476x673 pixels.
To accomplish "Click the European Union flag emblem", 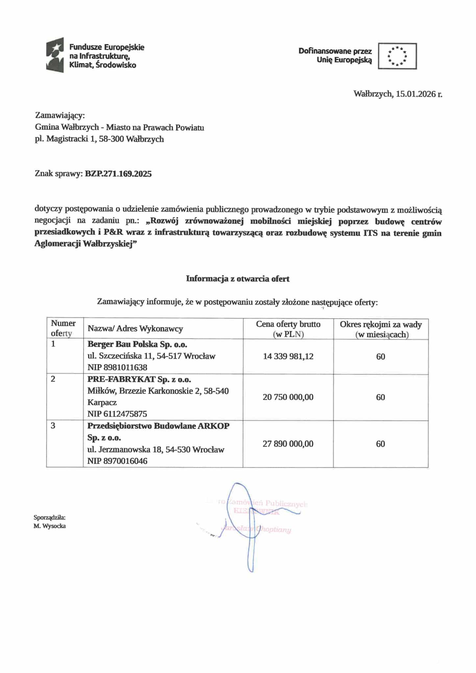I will point(397,56).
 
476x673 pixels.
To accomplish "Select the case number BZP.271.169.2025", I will point(118,174).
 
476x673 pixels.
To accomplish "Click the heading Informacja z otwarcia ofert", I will point(238,279).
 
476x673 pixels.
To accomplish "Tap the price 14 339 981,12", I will point(288,357).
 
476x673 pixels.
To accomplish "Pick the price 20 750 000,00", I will point(288,397).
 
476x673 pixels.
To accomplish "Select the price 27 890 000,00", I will point(288,444).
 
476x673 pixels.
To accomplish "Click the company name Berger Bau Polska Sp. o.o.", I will point(137,344).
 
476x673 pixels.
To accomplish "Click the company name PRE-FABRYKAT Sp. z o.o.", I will point(139,380).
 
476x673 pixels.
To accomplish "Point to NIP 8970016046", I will point(117,461).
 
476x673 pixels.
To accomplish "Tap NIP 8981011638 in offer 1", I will point(117,367).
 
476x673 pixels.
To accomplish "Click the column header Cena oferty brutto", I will point(288,324).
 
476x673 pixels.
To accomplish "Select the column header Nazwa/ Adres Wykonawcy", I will point(135,329).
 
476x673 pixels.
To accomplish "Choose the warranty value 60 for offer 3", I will point(380,444).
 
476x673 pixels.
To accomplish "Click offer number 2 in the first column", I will point(53,379).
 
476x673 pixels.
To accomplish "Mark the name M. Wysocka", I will point(50,526).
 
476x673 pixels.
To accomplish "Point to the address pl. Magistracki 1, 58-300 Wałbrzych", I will point(99,139).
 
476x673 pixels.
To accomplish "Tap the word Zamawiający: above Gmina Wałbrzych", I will point(60,116).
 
